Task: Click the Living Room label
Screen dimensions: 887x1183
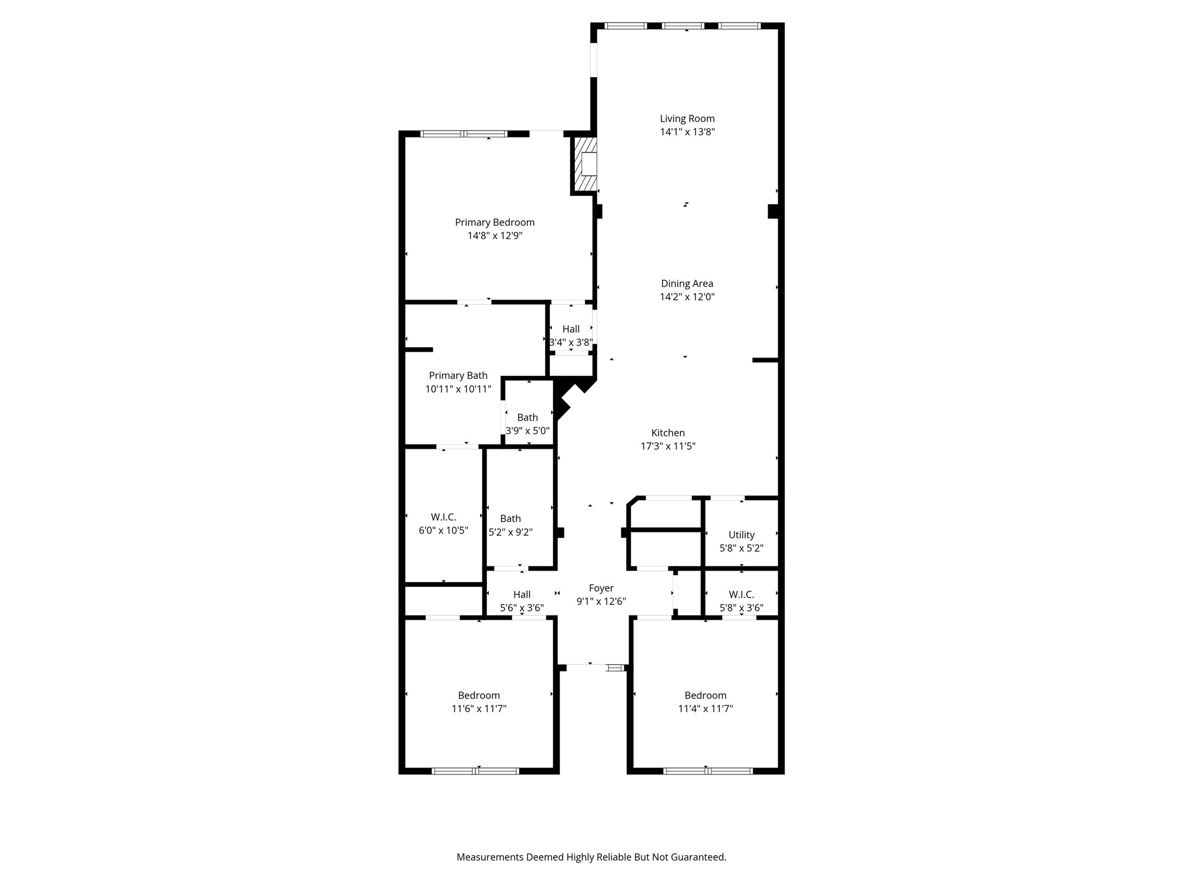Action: tap(687, 118)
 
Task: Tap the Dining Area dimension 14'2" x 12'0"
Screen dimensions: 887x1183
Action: tap(687, 297)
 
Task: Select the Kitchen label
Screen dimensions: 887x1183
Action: tap(668, 433)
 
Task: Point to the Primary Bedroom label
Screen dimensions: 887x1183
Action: tap(494, 222)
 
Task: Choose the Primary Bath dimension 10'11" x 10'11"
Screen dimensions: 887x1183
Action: tap(458, 389)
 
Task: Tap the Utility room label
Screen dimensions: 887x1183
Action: tap(741, 535)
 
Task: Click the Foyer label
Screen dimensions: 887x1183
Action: tap(601, 588)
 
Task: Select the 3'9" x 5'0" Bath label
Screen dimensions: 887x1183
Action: tap(527, 417)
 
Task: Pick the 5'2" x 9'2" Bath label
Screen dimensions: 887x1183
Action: tap(510, 519)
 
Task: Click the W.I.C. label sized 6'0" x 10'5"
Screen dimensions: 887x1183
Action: tap(443, 517)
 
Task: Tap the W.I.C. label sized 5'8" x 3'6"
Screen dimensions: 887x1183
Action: tap(741, 594)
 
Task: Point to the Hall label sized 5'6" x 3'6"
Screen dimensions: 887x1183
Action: tap(522, 594)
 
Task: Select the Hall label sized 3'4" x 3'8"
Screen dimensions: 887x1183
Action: tap(571, 329)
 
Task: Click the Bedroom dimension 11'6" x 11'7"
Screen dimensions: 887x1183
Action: tap(479, 709)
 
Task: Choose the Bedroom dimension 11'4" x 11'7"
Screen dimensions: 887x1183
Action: tap(705, 709)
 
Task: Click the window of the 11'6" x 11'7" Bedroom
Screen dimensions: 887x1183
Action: tap(475, 770)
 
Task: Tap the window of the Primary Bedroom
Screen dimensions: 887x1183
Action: tap(464, 134)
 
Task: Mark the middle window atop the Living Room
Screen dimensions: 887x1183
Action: tap(683, 26)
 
